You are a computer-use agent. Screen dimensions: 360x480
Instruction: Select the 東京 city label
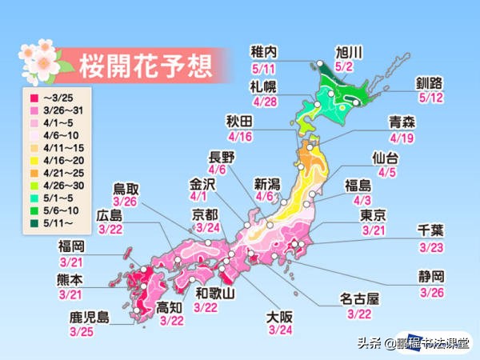[x=374, y=216]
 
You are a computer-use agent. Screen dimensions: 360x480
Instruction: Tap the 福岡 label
[x=71, y=246]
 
